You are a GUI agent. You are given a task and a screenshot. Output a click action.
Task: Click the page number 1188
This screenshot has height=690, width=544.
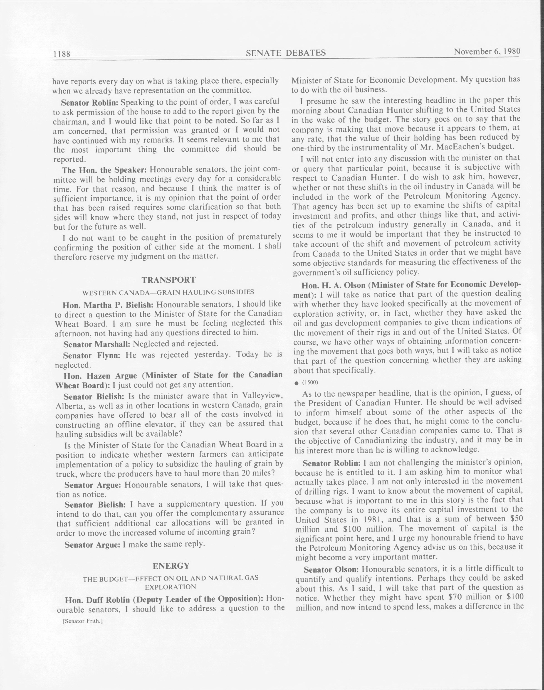(x=62, y=54)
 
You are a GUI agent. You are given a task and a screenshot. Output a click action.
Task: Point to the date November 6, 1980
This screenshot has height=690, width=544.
(x=487, y=52)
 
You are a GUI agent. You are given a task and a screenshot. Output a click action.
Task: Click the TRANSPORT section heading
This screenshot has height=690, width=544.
(x=168, y=280)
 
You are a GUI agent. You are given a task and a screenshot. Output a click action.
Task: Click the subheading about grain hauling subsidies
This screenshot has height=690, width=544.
(x=168, y=292)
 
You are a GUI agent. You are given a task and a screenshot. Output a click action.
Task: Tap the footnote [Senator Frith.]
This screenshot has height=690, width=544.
(x=83, y=621)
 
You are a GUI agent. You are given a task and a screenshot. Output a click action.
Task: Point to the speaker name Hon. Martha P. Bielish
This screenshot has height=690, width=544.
(x=108, y=305)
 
